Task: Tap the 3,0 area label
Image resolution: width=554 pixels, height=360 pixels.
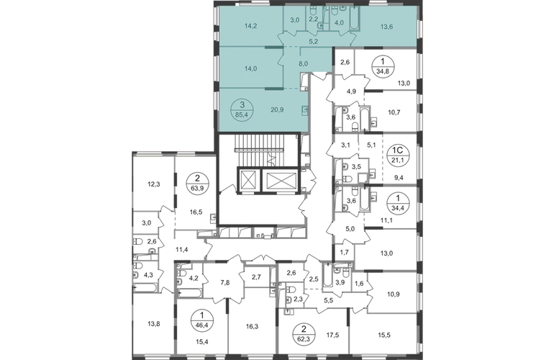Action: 294,21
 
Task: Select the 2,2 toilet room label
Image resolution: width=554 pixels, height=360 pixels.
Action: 314,21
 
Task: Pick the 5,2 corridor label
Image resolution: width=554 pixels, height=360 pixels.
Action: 314,42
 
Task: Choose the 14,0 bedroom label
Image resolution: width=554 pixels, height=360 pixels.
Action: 250,69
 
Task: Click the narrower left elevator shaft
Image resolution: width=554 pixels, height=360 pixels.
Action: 248,180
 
